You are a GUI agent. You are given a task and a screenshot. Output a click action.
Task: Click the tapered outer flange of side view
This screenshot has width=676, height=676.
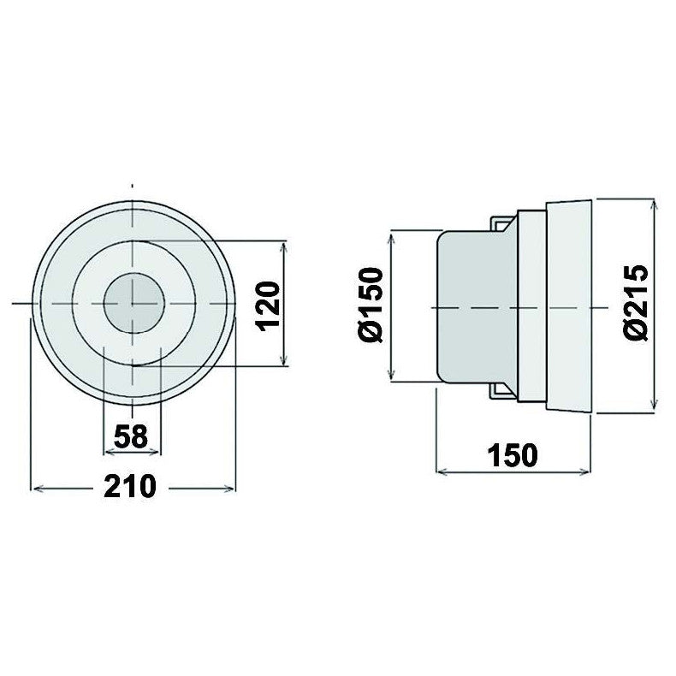pos(569,305)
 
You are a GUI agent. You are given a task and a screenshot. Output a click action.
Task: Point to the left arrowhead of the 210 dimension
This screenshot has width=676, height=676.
pos(36,489)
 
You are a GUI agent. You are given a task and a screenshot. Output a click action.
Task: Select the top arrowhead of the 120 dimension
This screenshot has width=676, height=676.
pos(285,246)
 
